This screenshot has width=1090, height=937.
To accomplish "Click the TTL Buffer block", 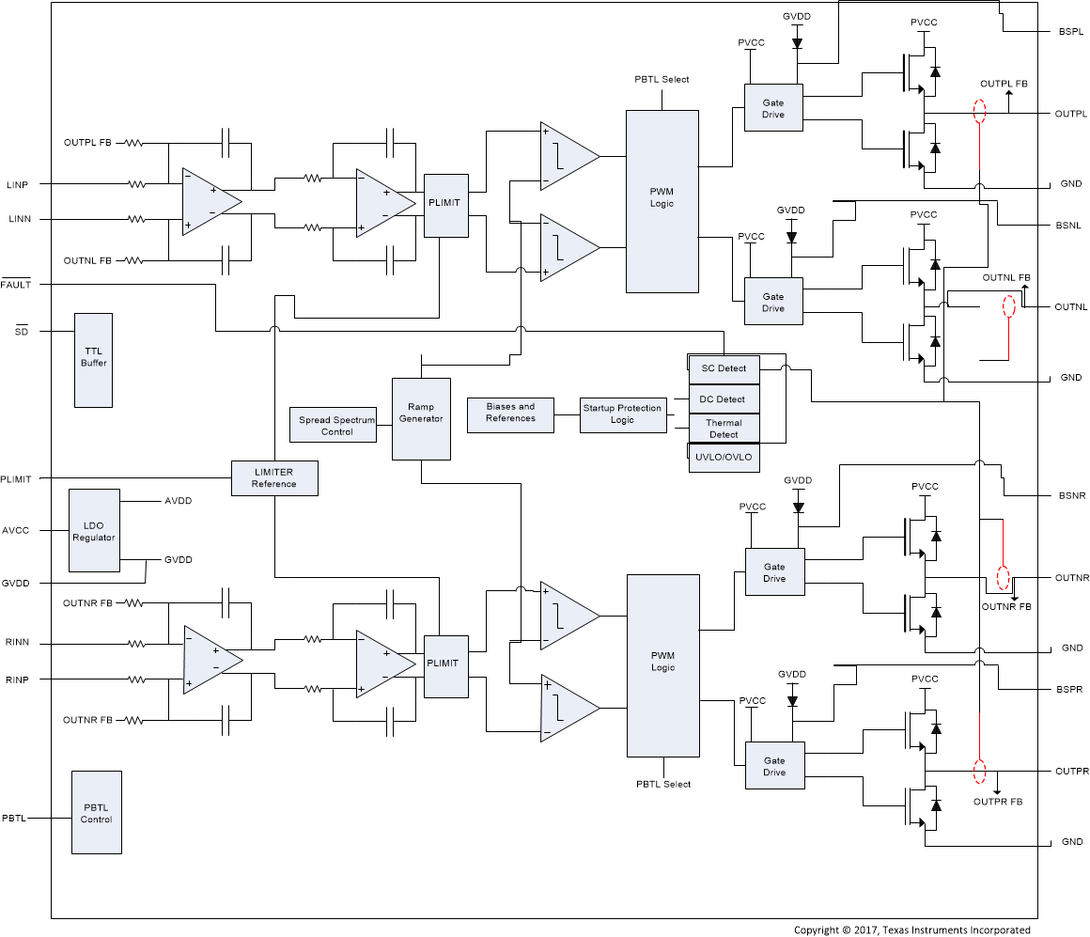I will click(93, 360).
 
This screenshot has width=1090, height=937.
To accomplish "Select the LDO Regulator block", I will click(94, 530).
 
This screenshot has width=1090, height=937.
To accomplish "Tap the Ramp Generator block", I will click(420, 418).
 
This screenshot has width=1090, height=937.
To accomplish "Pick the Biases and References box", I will click(510, 413).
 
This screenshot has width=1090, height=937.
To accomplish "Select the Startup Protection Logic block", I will click(621, 414).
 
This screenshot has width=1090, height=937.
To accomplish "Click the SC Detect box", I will click(723, 368).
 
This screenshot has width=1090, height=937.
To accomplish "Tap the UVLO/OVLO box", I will click(723, 458).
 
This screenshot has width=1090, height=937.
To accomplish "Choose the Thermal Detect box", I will click(723, 429).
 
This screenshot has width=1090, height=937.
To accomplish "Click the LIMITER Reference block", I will click(274, 478).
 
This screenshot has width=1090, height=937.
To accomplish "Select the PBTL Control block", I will click(97, 813).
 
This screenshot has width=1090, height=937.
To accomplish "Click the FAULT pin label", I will click(16, 285).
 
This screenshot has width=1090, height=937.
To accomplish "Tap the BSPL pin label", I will click(1069, 32).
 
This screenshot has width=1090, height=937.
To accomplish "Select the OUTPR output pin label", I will click(1071, 772).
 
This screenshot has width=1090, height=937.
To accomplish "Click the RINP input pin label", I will click(18, 679).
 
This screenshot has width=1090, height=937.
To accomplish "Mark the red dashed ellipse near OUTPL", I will click(979, 112).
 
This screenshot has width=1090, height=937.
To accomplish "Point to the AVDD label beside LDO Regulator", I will click(178, 502).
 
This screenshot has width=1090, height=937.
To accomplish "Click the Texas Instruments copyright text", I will click(911, 929).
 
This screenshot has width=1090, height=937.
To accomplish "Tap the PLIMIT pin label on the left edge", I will click(16, 479).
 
